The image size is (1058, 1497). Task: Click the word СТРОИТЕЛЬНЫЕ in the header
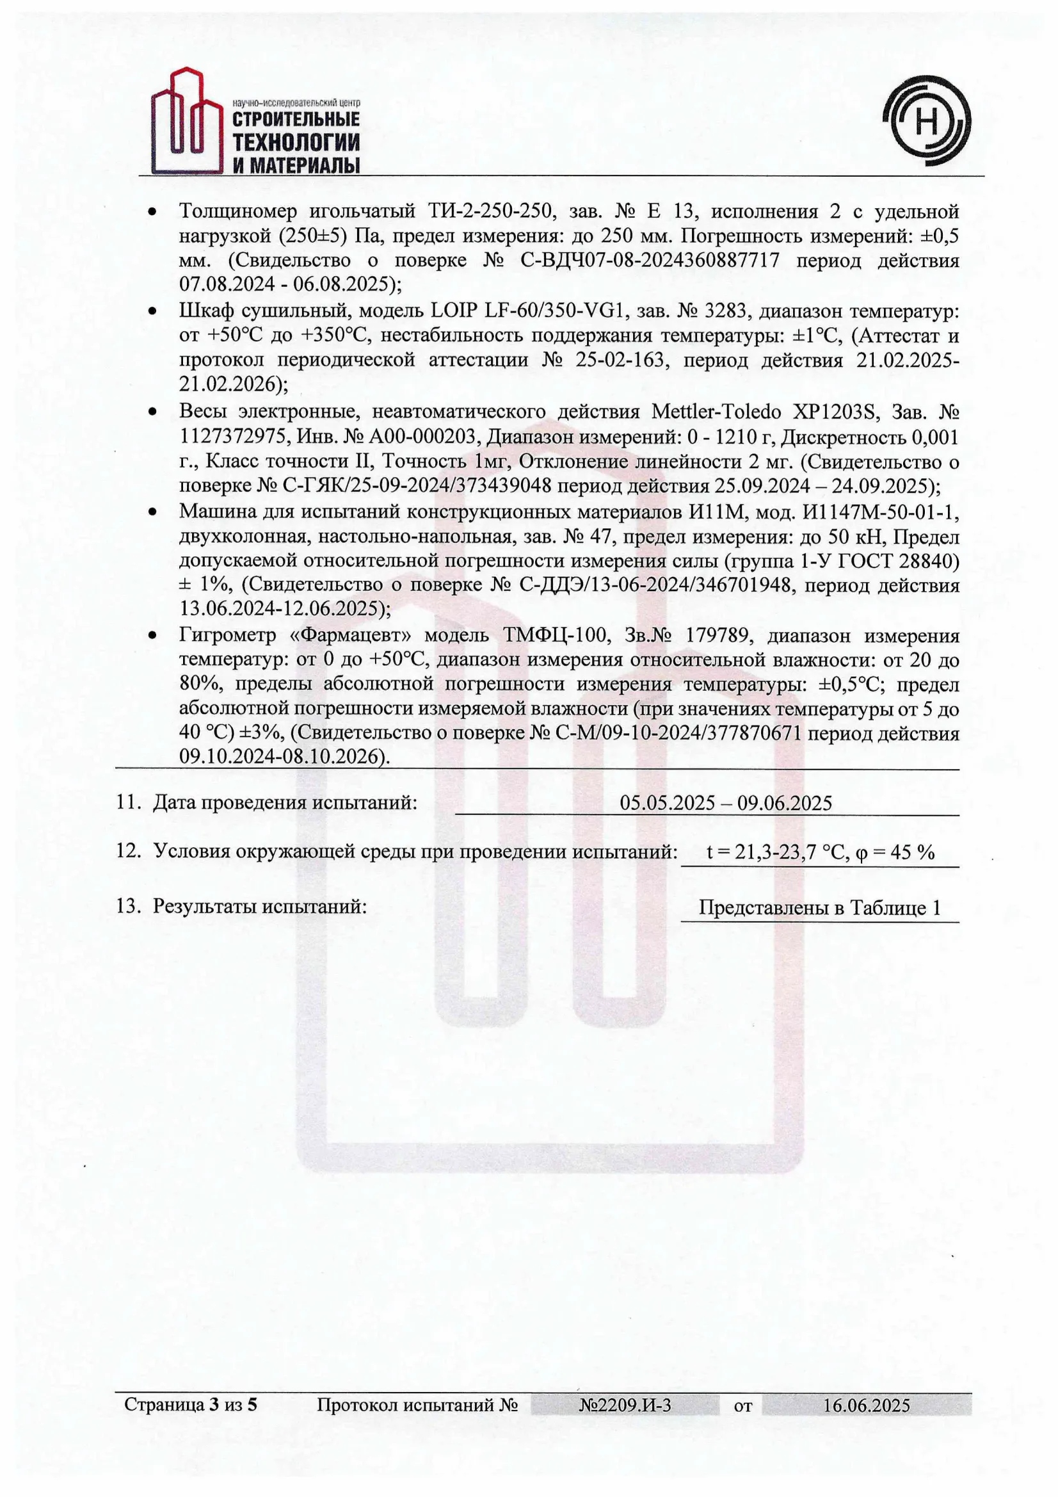point(296,119)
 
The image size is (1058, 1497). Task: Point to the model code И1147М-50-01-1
point(880,512)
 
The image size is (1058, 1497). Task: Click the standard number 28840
point(927,561)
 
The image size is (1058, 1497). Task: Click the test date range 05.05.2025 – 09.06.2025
point(726,803)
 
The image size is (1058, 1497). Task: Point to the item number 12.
point(129,851)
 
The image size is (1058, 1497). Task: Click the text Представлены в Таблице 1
point(819,907)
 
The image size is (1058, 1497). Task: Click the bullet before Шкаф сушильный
point(152,312)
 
